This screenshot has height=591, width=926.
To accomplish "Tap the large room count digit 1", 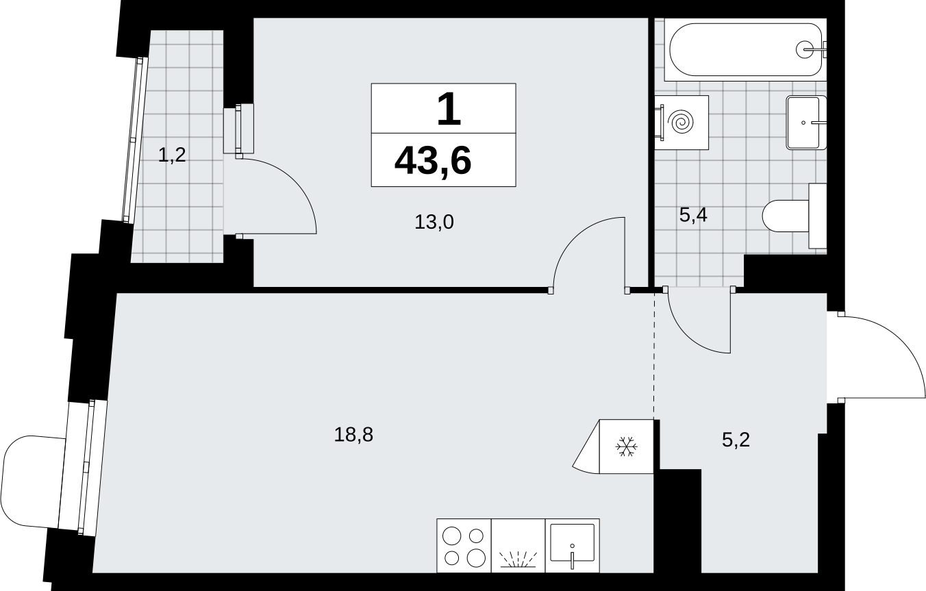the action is pyautogui.click(x=449, y=109).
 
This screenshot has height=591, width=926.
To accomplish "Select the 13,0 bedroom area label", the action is pyautogui.click(x=434, y=223).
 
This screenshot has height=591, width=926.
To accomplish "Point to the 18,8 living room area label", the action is pyautogui.click(x=353, y=435).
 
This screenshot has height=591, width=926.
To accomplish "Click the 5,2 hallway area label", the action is pyautogui.click(x=736, y=440).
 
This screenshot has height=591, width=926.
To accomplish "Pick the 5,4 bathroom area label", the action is pyautogui.click(x=693, y=215).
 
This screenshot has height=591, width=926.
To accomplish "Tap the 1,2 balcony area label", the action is pyautogui.click(x=172, y=155).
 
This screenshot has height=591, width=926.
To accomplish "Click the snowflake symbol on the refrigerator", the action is pyautogui.click(x=626, y=447).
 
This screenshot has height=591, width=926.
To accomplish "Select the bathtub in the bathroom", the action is pyautogui.click(x=745, y=49).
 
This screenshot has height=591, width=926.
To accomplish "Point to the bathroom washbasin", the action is pyautogui.click(x=805, y=123).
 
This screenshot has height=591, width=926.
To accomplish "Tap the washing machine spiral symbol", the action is pyautogui.click(x=682, y=123).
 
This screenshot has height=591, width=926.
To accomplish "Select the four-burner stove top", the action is pyautogui.click(x=464, y=546).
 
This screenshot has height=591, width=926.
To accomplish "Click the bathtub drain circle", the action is pyautogui.click(x=805, y=49).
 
